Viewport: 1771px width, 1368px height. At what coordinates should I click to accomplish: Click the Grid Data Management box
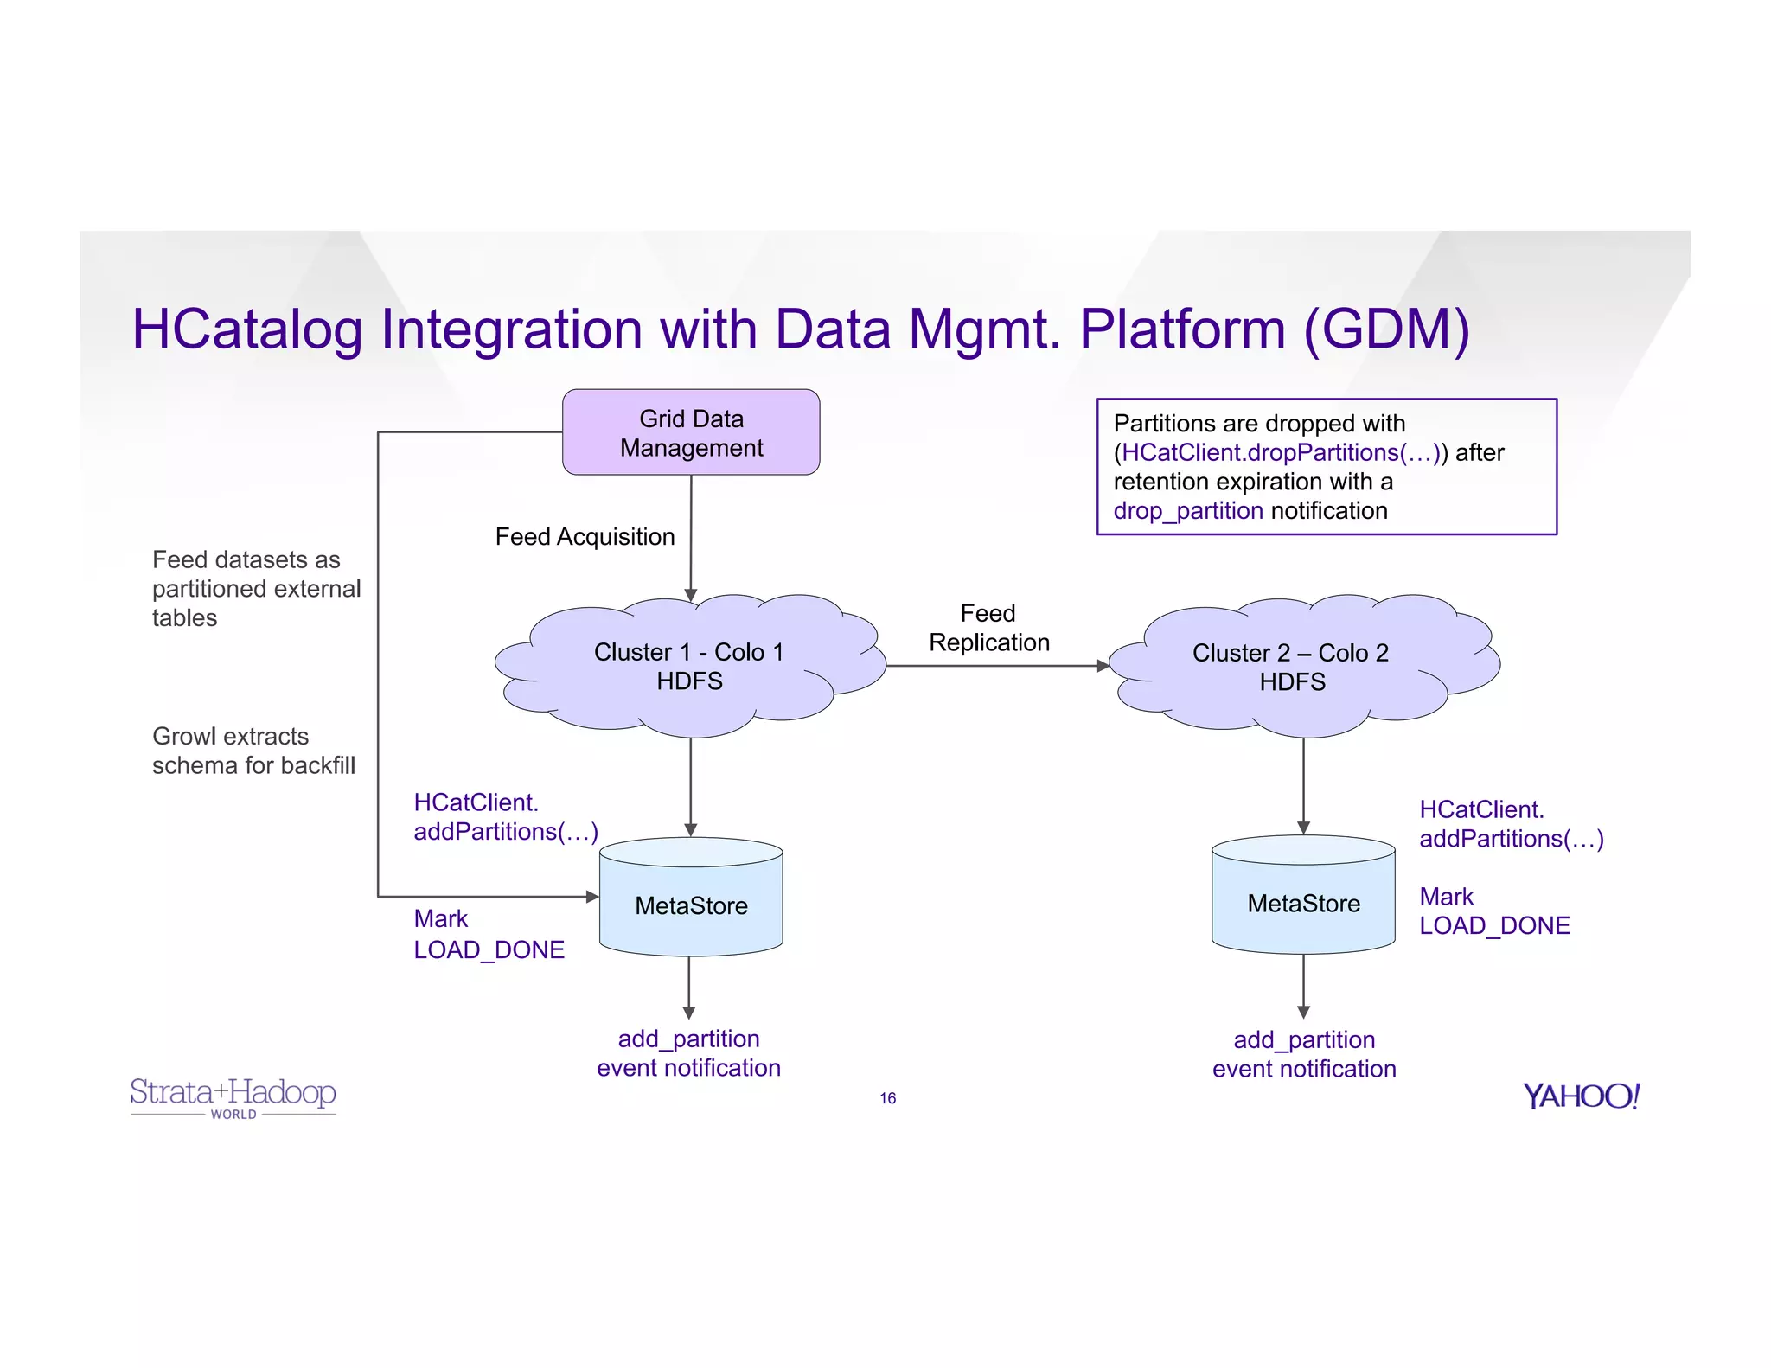click(691, 432)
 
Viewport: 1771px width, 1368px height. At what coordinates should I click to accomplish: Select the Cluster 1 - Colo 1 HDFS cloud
click(689, 666)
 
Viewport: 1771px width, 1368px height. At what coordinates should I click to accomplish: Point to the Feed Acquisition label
click(585, 537)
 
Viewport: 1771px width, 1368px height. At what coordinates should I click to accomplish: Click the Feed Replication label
click(988, 628)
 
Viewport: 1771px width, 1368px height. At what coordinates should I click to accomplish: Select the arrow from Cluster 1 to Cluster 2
click(994, 666)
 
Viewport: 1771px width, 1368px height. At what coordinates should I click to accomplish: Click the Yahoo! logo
click(1581, 1096)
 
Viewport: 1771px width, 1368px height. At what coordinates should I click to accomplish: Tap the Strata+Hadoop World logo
click(233, 1097)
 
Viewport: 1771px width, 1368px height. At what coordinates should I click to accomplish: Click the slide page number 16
click(887, 1098)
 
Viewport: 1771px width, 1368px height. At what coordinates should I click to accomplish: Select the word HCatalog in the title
click(247, 329)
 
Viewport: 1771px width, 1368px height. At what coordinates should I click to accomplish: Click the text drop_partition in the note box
click(1187, 511)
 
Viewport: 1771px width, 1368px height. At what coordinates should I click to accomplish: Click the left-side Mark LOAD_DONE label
click(489, 934)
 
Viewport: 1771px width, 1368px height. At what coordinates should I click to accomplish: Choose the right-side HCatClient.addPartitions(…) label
click(1511, 824)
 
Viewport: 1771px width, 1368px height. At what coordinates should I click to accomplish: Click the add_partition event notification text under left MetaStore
click(688, 1053)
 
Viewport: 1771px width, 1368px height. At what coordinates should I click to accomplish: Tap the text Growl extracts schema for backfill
click(253, 751)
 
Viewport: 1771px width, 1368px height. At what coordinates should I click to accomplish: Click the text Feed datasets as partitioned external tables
click(256, 589)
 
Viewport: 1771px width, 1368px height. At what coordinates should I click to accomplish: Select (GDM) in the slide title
click(1386, 329)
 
